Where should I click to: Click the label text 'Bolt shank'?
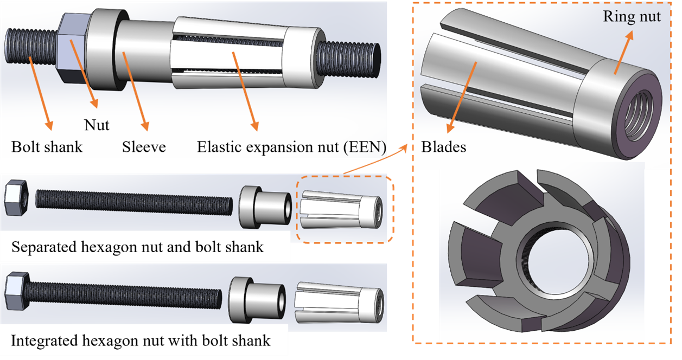click(x=47, y=147)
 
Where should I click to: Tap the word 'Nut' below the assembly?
click(x=97, y=125)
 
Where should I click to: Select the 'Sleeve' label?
click(x=144, y=147)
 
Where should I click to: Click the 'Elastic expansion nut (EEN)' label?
click(x=291, y=147)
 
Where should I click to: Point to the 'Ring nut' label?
click(x=632, y=17)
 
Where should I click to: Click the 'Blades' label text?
click(x=443, y=147)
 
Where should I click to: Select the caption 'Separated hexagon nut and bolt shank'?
click(x=137, y=247)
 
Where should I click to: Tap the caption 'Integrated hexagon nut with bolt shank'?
click(x=141, y=341)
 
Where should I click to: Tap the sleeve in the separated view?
click(x=263, y=205)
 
